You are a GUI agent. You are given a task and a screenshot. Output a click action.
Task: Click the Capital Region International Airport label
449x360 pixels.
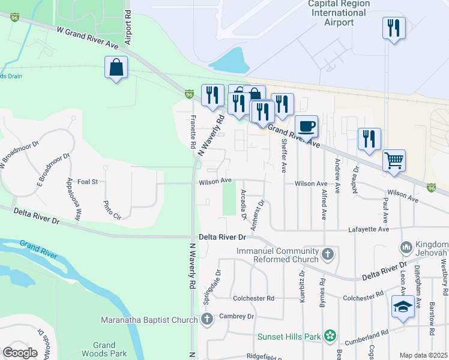pos(339,13)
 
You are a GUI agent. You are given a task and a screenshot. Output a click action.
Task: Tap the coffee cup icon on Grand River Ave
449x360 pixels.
pos(307,127)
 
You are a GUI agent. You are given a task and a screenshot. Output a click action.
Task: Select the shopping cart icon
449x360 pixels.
pos(394,161)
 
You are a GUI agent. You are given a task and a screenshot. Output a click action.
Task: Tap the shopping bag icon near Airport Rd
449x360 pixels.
pos(116,68)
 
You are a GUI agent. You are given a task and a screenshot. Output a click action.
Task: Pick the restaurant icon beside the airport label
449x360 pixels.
pos(393,28)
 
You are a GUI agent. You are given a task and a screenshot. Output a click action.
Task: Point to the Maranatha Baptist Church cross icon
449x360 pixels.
pos(207,319)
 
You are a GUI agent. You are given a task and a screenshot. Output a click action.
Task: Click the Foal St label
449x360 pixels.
pos(88,181)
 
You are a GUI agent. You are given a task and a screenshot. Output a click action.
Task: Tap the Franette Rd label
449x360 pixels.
pos(193,131)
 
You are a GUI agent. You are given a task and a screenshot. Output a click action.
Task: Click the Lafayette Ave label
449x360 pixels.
pos(369,229)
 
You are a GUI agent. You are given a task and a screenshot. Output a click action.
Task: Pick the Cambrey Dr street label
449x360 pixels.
pos(237,316)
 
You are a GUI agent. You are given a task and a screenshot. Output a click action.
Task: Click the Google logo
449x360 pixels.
pos(20,353)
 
